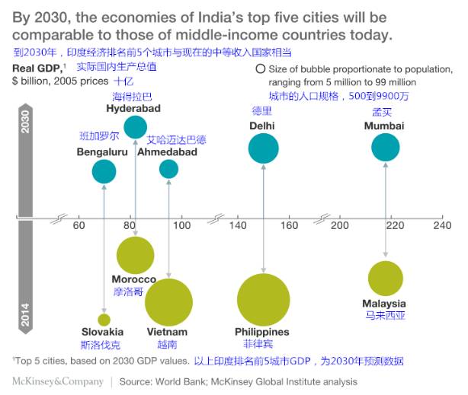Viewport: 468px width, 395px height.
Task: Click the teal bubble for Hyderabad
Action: point(136,127)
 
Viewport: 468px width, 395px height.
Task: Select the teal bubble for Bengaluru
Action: point(104,171)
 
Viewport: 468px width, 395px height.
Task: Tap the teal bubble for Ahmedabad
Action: point(168,169)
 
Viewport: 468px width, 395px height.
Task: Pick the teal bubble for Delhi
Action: point(264,148)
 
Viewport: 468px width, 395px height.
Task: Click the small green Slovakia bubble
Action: point(104,320)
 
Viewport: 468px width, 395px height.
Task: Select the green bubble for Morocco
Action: point(135,255)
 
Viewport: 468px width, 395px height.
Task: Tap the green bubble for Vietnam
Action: point(168,302)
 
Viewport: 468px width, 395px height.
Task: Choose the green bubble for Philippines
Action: point(264,299)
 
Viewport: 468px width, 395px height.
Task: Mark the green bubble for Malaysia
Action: point(385,278)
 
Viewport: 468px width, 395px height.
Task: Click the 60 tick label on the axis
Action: point(79,226)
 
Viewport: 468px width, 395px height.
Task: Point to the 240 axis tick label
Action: point(442,226)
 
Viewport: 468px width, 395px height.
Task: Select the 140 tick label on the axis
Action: point(238,226)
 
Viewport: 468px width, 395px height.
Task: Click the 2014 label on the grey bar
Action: point(24,314)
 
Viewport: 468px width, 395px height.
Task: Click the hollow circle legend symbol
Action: point(261,68)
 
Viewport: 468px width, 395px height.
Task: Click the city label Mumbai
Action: point(384,126)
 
